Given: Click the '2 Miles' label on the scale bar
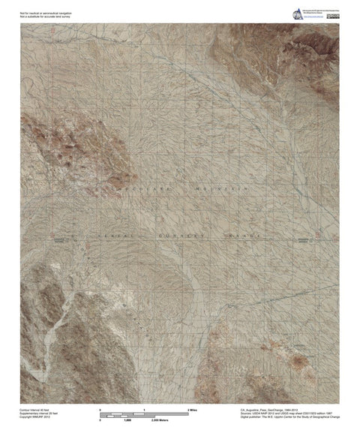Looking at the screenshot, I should tap(192, 410).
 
